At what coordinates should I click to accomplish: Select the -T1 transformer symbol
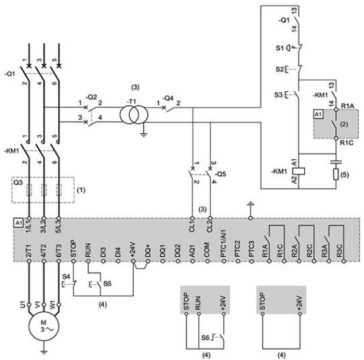(x=134, y=115)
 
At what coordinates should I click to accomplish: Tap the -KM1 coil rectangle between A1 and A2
(x=298, y=171)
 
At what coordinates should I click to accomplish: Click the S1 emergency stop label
(x=279, y=48)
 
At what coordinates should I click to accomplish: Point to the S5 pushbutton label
(x=108, y=284)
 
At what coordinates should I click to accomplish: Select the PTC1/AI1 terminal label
(x=224, y=243)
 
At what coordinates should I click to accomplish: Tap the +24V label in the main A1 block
(x=133, y=249)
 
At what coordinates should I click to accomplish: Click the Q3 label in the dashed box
(x=18, y=182)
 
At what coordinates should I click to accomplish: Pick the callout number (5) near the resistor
(x=344, y=175)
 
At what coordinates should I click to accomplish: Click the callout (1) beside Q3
(x=81, y=190)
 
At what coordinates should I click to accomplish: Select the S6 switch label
(x=205, y=338)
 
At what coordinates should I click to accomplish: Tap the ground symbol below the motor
(x=43, y=351)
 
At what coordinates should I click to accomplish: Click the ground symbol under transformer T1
(x=144, y=134)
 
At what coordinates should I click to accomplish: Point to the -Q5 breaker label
(x=220, y=174)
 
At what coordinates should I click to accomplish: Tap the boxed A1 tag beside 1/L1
(x=18, y=223)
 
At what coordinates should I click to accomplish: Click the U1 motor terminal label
(x=22, y=305)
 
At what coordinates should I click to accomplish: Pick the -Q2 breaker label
(x=92, y=97)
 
